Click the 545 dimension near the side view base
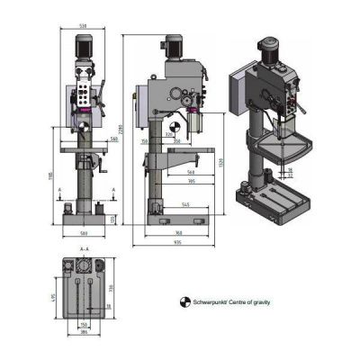tap(185, 207)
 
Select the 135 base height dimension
tap(113, 219)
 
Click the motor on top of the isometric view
tap(267, 50)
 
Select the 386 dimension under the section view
tap(84, 332)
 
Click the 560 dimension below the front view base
tap(84, 233)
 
